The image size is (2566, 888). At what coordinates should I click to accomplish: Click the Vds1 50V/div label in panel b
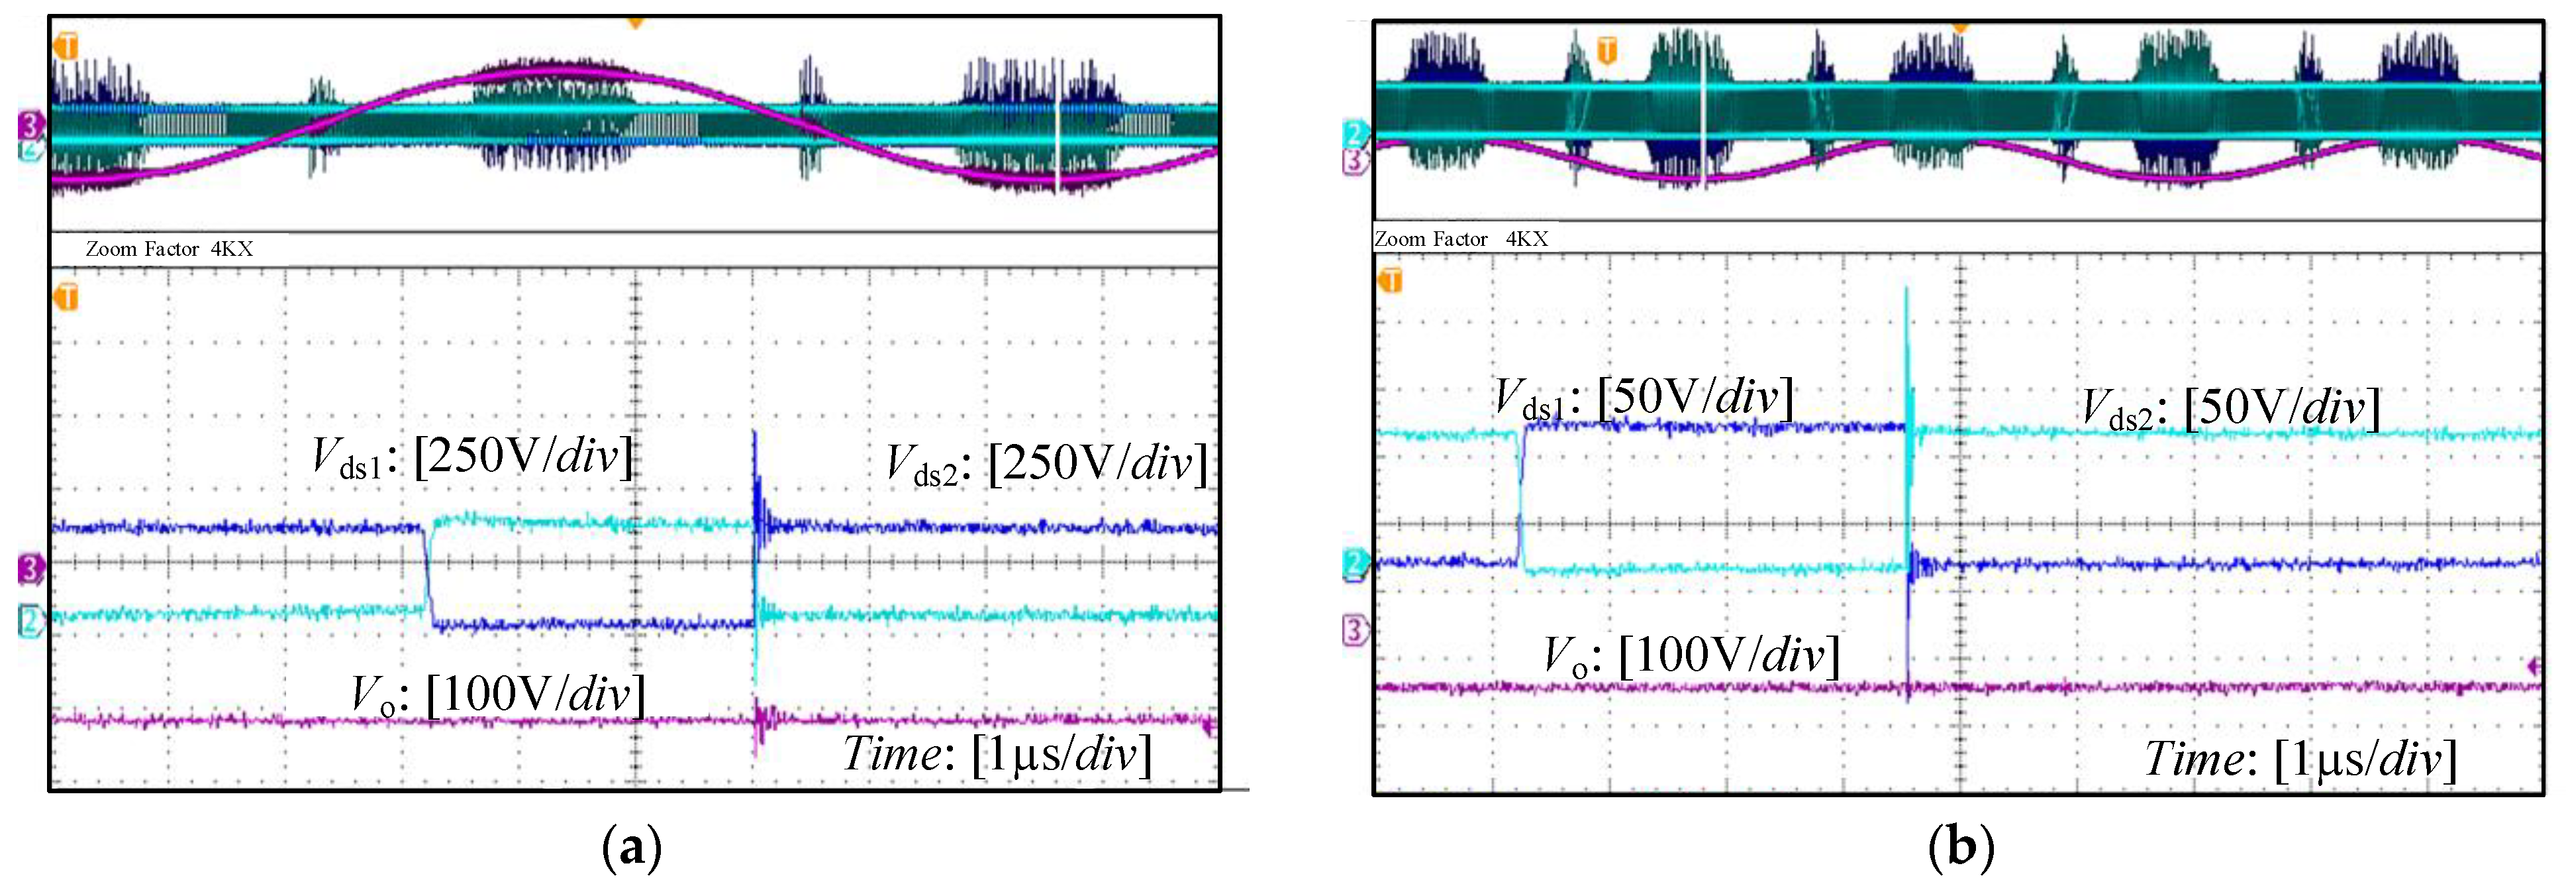[x=1644, y=399]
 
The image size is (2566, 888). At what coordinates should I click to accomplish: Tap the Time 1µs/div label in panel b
[x=2301, y=759]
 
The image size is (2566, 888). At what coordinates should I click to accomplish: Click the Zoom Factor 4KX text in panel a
[x=170, y=249]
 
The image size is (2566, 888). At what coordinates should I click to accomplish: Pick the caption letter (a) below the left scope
[x=632, y=849]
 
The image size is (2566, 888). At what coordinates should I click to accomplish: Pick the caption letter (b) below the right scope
[x=1960, y=849]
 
